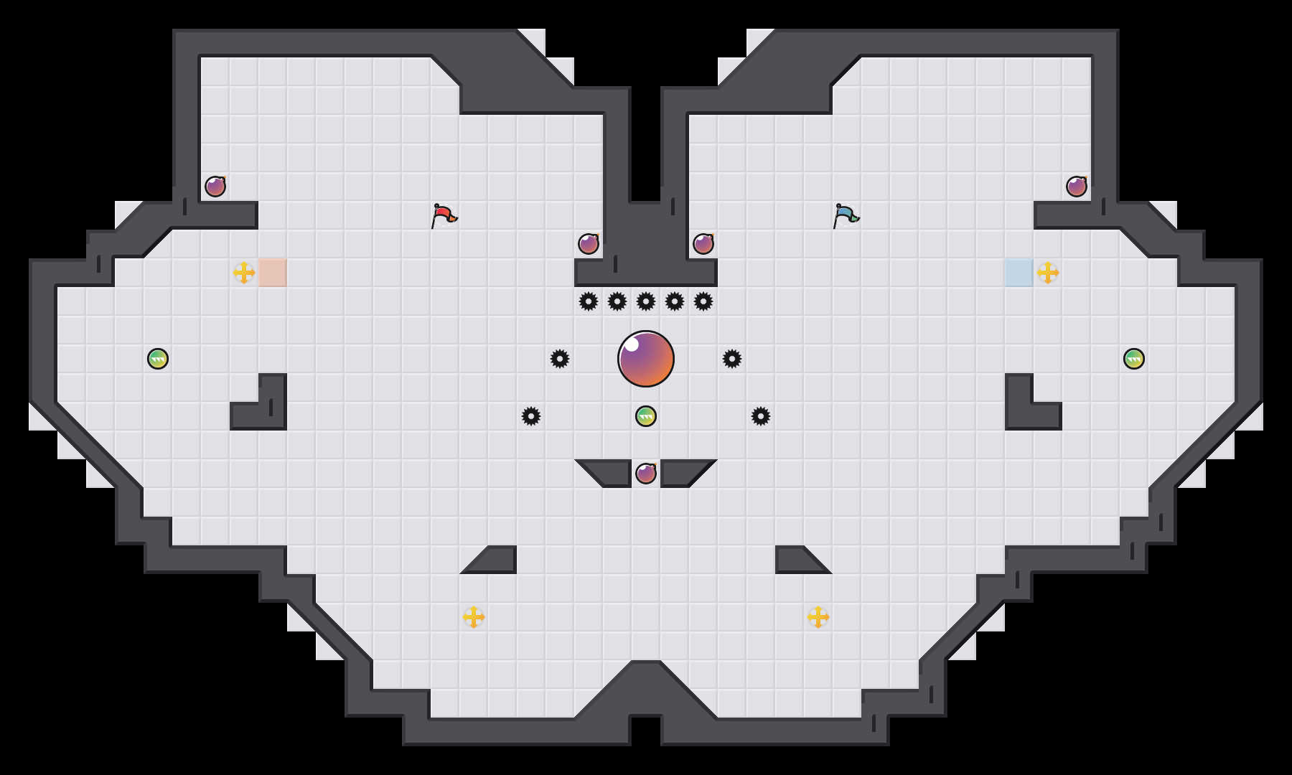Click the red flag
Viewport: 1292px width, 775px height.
click(444, 215)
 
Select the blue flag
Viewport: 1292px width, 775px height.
click(846, 215)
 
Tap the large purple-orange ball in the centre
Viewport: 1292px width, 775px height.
click(646, 359)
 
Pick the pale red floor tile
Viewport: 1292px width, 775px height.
click(273, 273)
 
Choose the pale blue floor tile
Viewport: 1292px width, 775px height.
click(1019, 273)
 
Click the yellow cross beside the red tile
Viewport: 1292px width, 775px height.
click(244, 273)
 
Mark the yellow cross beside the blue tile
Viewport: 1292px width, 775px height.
click(1048, 273)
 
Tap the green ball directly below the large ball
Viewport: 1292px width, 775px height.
click(646, 416)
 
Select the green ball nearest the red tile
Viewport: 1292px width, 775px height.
click(158, 359)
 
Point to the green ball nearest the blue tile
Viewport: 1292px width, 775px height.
click(1134, 359)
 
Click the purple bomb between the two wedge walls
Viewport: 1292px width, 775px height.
click(646, 474)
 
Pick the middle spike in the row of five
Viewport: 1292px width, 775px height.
click(646, 301)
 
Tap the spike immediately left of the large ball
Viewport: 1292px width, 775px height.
click(560, 359)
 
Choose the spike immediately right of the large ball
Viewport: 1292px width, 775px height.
click(732, 359)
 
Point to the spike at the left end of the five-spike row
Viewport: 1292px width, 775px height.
click(589, 301)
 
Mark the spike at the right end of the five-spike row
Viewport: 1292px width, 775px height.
click(703, 301)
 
